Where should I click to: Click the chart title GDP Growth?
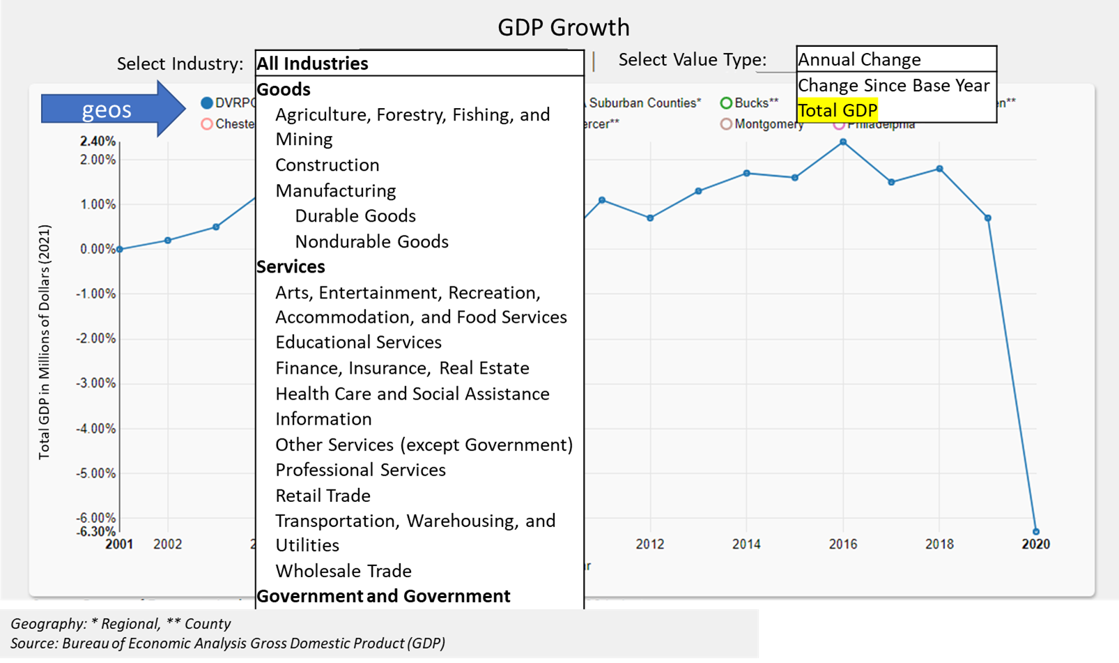tap(563, 27)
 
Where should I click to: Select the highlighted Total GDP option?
tap(837, 110)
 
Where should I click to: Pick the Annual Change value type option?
tap(859, 59)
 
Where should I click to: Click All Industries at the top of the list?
tap(312, 63)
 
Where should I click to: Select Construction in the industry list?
tap(327, 165)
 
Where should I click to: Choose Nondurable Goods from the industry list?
tap(371, 241)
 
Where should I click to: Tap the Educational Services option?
tap(358, 342)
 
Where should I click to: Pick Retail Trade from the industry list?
tap(323, 495)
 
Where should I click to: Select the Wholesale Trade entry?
tap(343, 570)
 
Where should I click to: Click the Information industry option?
tap(323, 418)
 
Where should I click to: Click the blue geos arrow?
tap(111, 109)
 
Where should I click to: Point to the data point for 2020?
tap(1035, 531)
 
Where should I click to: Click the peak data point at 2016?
tap(843, 142)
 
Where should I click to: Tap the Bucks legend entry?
tap(750, 103)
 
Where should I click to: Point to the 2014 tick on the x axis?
tap(746, 544)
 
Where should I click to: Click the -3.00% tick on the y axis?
tap(97, 383)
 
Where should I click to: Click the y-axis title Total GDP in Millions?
tap(45, 342)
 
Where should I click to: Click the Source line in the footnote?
tap(227, 643)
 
